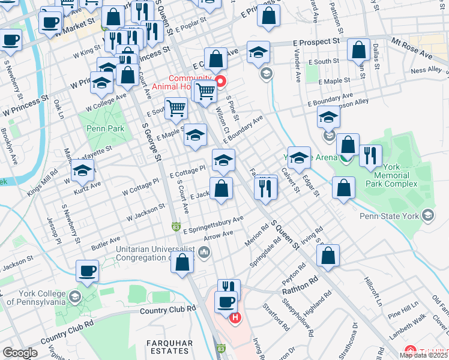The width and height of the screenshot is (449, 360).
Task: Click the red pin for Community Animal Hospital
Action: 220,82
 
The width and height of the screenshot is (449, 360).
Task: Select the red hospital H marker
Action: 235,317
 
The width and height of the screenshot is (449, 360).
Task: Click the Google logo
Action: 19,353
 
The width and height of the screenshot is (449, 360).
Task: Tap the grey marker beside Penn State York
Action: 427,215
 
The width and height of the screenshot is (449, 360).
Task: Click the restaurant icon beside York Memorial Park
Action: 370,155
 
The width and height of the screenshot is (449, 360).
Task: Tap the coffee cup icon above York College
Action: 87,271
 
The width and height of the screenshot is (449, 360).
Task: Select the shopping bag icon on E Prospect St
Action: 359,52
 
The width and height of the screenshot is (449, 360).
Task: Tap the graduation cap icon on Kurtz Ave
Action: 83,170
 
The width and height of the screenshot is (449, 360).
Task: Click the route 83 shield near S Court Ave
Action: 175,227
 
